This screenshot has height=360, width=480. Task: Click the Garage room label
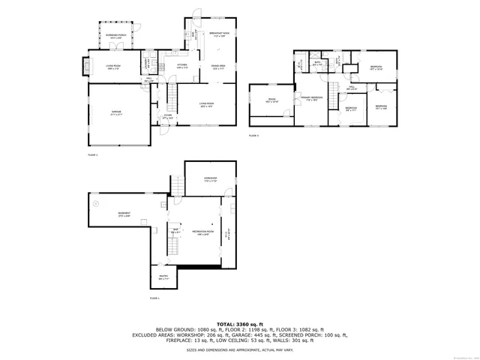pos(116,112)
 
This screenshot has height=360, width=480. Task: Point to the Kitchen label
pos(181,65)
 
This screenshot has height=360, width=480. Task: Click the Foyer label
pos(167,116)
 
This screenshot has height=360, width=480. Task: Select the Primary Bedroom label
pos(311,98)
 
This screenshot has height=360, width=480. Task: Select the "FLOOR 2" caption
pos(93,154)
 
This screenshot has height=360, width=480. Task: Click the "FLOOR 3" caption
pos(253,135)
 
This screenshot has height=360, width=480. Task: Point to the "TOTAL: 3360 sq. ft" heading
pos(240,324)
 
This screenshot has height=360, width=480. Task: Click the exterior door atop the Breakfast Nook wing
pos(197,13)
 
